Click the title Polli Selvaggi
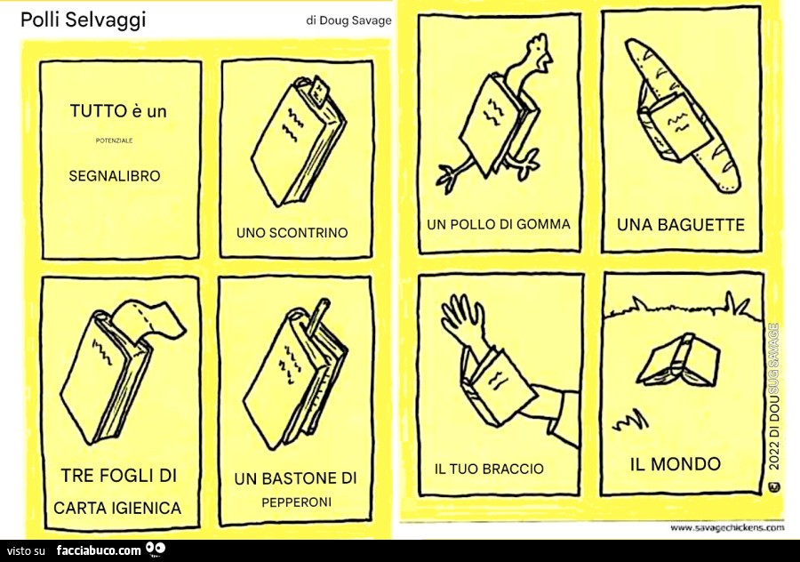83,20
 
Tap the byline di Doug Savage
348,20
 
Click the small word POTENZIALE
114,140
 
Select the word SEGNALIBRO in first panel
115,176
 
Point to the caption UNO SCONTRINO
292,233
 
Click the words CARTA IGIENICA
117,508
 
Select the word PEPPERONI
296,502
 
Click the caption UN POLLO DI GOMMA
499,224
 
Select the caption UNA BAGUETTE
681,225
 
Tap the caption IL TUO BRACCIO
489,469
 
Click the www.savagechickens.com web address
726,527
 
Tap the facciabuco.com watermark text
99,550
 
